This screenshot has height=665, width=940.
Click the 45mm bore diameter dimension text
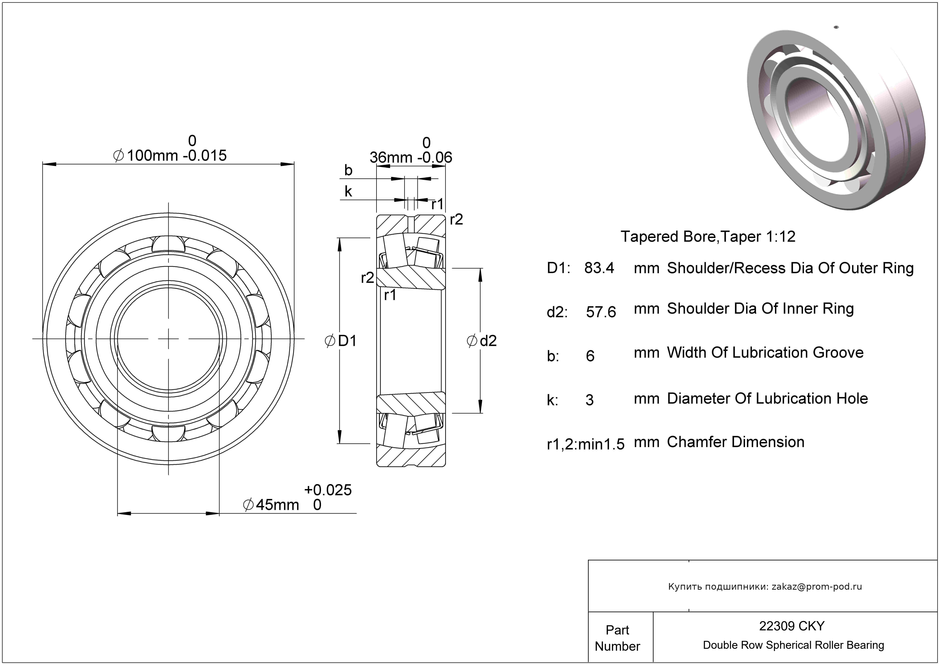(x=277, y=505)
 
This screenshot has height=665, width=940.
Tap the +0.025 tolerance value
(x=328, y=490)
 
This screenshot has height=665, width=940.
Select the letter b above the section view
(x=348, y=170)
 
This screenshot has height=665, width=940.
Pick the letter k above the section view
(x=348, y=191)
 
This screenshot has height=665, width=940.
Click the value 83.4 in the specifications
(x=599, y=268)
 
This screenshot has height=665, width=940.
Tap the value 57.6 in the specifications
(x=601, y=312)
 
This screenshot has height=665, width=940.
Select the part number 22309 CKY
(x=792, y=626)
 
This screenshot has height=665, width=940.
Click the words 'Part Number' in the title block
(x=617, y=638)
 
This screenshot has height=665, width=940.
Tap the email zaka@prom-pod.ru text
(x=817, y=586)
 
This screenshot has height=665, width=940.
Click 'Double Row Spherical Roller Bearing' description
(x=793, y=645)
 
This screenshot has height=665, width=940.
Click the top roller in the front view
(x=168, y=244)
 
